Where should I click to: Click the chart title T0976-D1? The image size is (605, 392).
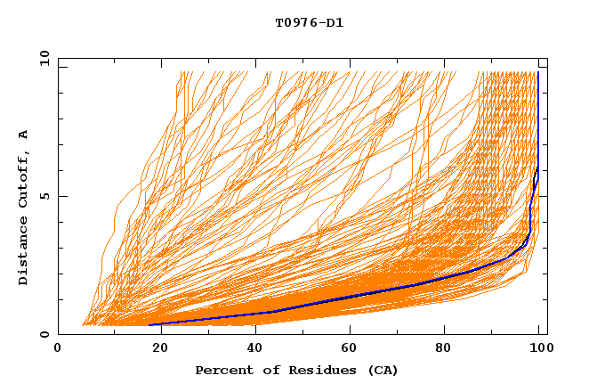point(309,22)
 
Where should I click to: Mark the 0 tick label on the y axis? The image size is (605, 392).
point(44,335)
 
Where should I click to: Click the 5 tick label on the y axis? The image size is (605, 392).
point(44,196)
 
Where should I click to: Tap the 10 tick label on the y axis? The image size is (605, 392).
point(41,58)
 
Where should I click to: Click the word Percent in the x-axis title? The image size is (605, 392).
point(222,370)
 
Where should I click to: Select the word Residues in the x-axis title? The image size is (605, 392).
point(308,370)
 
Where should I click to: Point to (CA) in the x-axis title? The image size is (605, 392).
point(381,370)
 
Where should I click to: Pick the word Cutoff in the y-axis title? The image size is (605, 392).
point(24,183)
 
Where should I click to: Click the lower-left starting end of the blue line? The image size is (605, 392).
point(149,324)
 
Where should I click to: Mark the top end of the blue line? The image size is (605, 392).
point(537,72)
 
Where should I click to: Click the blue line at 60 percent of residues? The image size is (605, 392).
point(348,297)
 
